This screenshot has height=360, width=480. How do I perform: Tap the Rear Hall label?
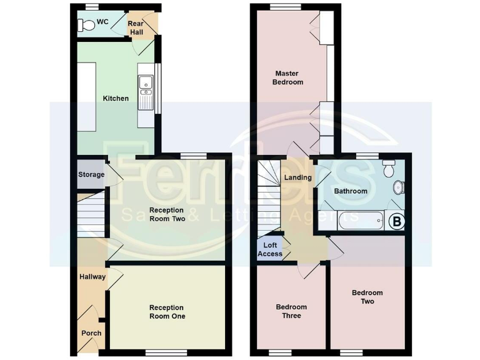[x=136, y=27]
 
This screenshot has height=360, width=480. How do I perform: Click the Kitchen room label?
[x=116, y=98]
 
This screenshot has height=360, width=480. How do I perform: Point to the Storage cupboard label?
[x=91, y=174]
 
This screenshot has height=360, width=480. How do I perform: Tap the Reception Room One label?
[x=166, y=312]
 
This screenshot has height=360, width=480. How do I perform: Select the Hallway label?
[x=92, y=277]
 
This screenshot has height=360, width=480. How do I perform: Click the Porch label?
[x=91, y=333]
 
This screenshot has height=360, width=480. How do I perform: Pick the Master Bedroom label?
[x=288, y=77]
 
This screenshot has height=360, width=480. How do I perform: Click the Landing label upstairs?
[x=297, y=177]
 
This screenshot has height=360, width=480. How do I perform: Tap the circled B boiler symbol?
[x=396, y=221]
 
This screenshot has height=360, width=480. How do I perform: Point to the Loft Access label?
[x=270, y=249]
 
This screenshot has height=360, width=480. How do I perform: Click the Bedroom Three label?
[x=291, y=311]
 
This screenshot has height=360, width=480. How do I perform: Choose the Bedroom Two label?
[x=367, y=297]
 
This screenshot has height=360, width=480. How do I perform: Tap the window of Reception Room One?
[x=166, y=352]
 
